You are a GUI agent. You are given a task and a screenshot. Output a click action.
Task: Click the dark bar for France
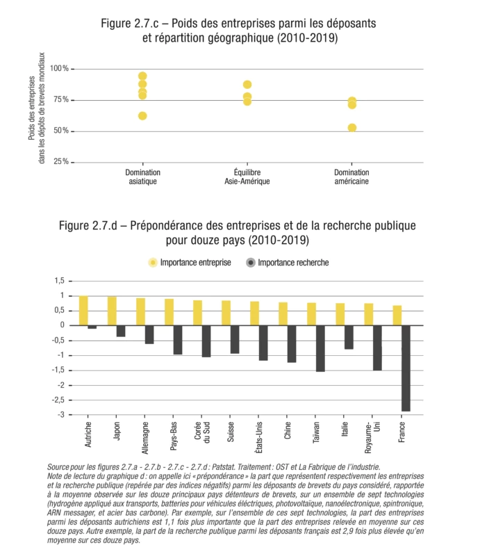click(x=406, y=368)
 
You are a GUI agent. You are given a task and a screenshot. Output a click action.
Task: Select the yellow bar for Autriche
click(x=83, y=311)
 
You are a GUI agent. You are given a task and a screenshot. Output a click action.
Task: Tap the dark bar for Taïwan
click(x=320, y=348)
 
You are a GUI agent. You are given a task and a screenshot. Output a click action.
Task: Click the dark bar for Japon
click(x=121, y=331)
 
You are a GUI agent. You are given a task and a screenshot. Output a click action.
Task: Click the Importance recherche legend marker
click(x=251, y=263)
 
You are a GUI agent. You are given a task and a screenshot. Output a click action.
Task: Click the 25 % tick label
click(x=60, y=162)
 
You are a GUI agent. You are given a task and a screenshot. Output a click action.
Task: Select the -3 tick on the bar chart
click(x=59, y=415)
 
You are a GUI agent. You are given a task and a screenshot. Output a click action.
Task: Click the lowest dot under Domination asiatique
click(x=142, y=116)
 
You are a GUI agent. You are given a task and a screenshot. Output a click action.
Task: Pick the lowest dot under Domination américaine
click(x=352, y=128)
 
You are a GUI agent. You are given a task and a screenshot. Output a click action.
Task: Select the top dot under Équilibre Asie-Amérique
click(x=247, y=85)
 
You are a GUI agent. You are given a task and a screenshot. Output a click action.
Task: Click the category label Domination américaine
click(x=351, y=177)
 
